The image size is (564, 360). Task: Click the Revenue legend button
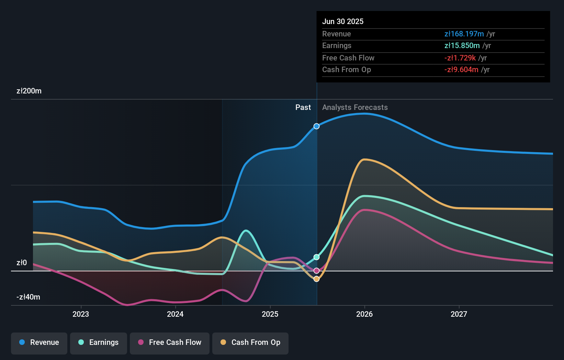(39, 342)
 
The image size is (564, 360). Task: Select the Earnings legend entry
(99, 342)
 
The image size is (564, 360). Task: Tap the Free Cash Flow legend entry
(170, 342)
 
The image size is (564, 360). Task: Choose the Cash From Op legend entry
(250, 342)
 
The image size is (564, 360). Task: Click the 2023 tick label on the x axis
(81, 314)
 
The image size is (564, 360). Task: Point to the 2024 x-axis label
(175, 314)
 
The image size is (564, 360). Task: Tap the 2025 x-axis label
(270, 314)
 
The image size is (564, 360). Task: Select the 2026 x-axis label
(364, 314)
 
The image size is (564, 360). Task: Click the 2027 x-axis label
(459, 314)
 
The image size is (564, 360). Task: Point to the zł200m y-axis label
(29, 91)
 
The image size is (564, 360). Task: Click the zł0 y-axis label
(22, 263)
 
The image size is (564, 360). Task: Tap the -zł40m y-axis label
(29, 297)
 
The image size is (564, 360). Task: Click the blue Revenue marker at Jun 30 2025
(317, 126)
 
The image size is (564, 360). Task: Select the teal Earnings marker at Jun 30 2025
(317, 257)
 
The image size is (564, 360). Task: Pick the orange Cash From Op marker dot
(317, 279)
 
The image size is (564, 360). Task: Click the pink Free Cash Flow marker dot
(317, 271)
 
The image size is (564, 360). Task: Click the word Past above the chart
(303, 108)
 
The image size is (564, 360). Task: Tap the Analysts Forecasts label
(355, 108)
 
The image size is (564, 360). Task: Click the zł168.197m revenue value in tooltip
(464, 34)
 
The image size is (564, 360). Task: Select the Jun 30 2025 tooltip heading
(343, 22)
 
